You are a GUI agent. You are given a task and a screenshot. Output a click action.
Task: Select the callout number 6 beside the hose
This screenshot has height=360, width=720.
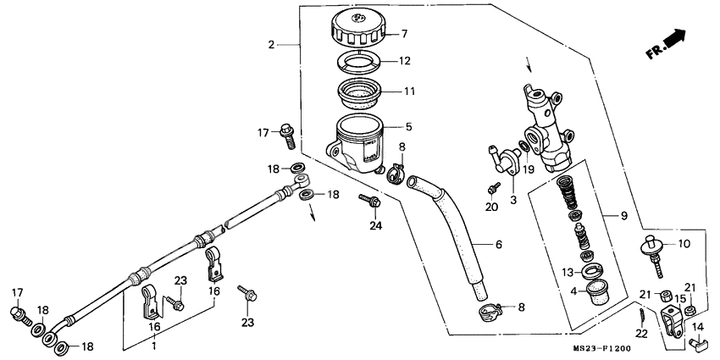pos(498,245)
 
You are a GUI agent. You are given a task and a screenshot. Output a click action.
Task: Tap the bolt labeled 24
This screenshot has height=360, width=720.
pos(369,202)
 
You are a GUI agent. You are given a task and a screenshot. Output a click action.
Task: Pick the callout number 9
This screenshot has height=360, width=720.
pos(623,216)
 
